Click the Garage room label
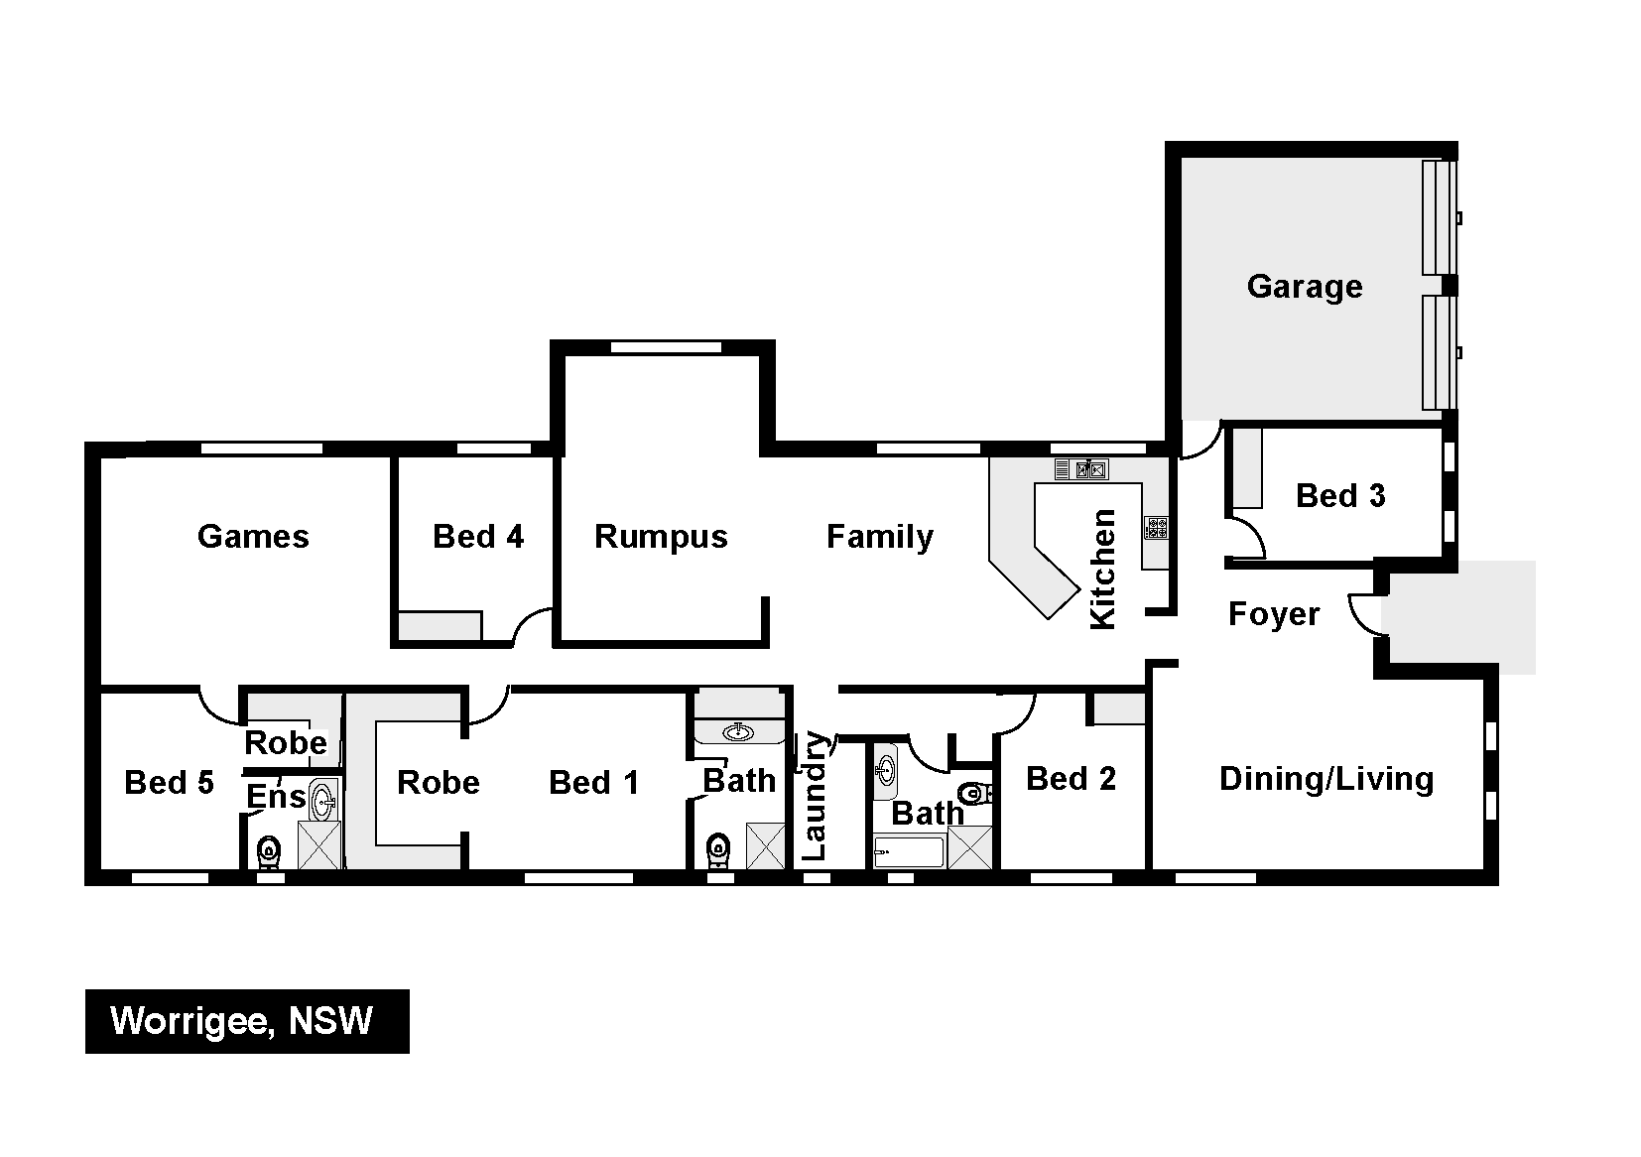coord(1305,287)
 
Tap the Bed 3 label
coord(1340,496)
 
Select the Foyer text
coord(1274,615)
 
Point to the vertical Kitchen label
coord(1102,570)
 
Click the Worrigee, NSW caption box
coord(247,1021)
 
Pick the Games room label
coord(253,537)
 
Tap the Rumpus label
coord(661,537)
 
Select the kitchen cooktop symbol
coord(1157,528)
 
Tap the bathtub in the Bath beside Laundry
coord(909,852)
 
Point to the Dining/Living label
coord(1325,780)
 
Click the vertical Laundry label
coord(815,795)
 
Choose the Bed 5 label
coord(170,783)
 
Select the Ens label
coord(276,797)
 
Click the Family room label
coord(880,537)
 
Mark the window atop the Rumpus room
coord(666,348)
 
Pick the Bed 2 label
coord(1071,779)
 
